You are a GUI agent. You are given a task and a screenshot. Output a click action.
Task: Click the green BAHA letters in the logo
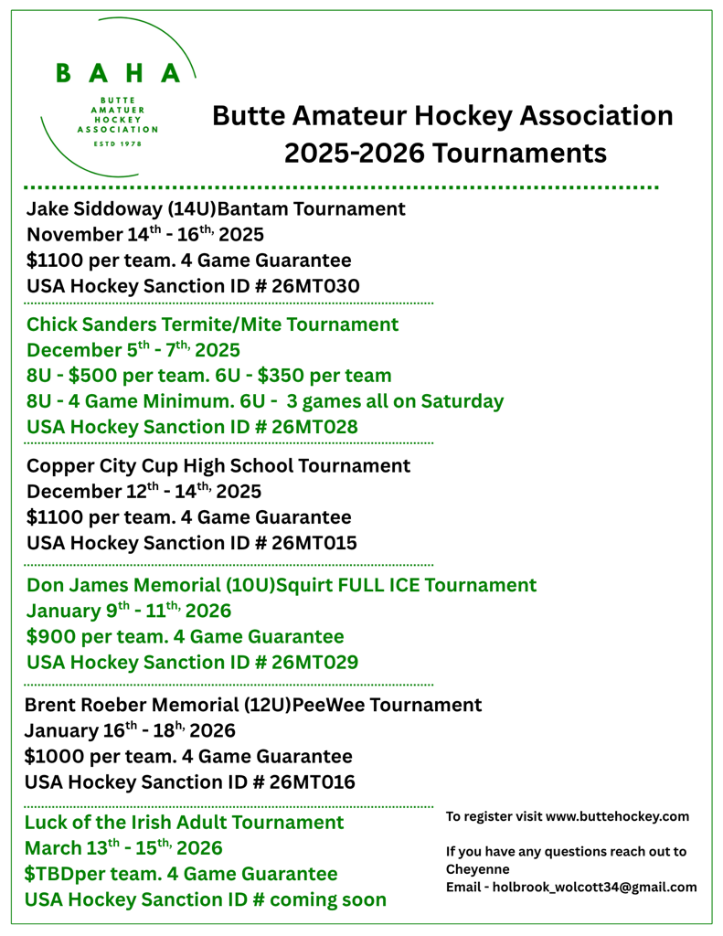pyautogui.click(x=119, y=73)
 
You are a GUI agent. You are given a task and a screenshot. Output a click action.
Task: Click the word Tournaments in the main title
pyautogui.click(x=519, y=153)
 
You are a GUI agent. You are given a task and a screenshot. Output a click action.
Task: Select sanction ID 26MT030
pyautogui.click(x=315, y=286)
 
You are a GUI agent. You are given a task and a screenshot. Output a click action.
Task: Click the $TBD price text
pyautogui.click(x=53, y=874)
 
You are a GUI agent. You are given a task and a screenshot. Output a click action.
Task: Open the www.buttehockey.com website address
pyautogui.click(x=617, y=816)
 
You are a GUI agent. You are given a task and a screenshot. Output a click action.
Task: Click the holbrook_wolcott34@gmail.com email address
pyautogui.click(x=594, y=887)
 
